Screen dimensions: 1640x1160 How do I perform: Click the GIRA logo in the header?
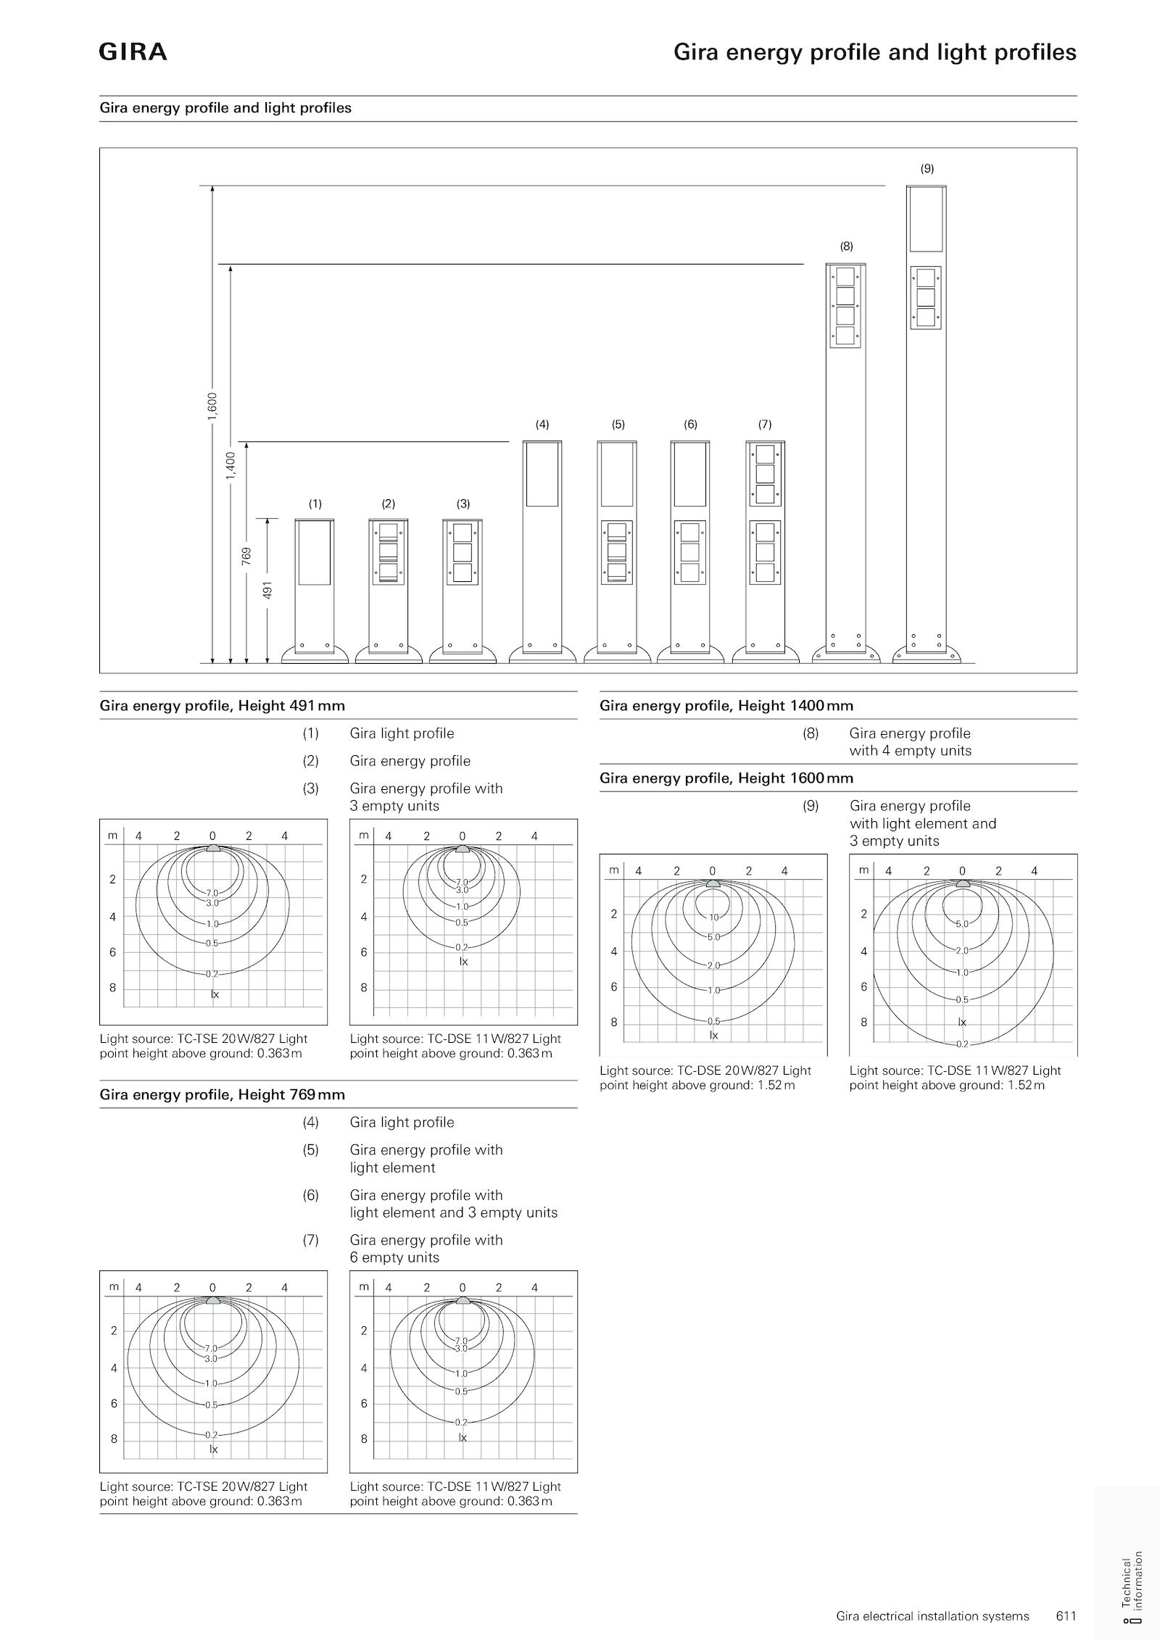tap(133, 52)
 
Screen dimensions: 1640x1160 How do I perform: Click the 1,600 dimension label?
tap(212, 406)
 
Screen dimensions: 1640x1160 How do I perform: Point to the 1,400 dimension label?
tap(230, 465)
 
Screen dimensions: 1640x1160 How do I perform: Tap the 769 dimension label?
tap(246, 556)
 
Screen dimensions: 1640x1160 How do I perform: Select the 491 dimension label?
tap(267, 590)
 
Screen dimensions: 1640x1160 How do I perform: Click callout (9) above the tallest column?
tap(927, 169)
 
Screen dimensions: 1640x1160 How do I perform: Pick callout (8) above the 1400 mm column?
tap(846, 246)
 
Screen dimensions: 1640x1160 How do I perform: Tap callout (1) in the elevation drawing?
tap(315, 504)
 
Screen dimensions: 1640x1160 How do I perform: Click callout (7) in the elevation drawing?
tap(765, 425)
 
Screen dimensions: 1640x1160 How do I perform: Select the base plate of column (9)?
tap(927, 655)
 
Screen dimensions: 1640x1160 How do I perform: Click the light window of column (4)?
tap(542, 474)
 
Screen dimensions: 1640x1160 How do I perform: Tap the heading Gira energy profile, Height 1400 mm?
tap(726, 706)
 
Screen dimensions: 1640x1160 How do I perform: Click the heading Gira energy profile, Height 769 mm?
tap(223, 1094)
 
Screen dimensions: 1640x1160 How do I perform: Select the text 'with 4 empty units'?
tap(910, 751)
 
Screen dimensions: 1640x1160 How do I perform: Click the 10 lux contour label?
tap(713, 917)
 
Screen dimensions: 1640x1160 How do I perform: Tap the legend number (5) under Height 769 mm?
tap(310, 1150)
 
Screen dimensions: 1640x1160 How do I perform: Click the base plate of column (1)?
tap(315, 654)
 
